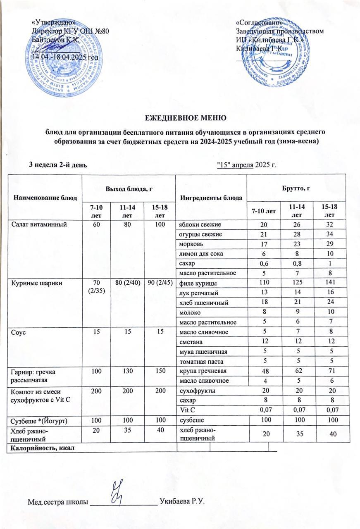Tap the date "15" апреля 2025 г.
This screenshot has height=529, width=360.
coord(246,165)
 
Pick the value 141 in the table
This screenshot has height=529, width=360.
coord(329,283)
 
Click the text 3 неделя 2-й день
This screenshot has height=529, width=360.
coord(57,165)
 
